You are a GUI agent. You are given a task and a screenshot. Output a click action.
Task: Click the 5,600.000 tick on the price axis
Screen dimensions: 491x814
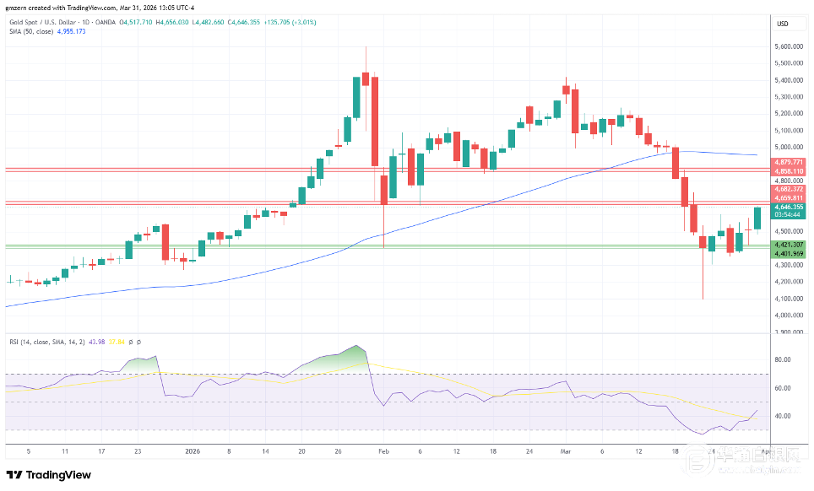789,46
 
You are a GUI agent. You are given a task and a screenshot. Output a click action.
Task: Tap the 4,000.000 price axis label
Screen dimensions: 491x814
789,316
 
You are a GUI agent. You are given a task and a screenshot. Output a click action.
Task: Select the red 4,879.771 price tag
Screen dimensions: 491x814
789,161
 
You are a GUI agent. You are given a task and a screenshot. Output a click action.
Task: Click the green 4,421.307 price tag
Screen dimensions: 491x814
789,244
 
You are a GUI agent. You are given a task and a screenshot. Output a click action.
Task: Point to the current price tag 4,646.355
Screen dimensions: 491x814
789,207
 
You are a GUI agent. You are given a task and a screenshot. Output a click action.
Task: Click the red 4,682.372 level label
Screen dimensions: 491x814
789,190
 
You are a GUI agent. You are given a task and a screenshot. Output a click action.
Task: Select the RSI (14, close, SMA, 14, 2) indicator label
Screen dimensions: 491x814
46,342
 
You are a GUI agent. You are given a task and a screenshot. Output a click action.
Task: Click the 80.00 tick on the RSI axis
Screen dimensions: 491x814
782,359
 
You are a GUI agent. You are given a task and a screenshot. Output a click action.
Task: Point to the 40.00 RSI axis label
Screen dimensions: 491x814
782,416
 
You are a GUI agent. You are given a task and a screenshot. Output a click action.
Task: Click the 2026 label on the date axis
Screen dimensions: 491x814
193,451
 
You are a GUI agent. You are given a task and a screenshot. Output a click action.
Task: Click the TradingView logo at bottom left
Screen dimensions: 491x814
49,475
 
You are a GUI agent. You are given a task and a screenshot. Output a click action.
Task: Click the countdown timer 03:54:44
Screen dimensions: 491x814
789,215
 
